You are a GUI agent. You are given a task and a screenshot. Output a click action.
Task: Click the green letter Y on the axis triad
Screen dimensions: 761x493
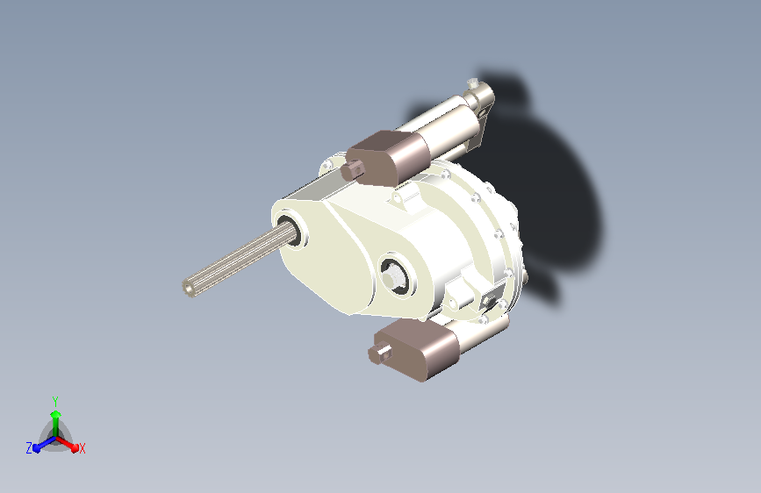point(55,401)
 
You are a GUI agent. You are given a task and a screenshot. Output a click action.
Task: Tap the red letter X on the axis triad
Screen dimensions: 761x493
point(82,449)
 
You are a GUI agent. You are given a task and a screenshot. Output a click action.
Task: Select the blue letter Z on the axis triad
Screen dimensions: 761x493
point(29,448)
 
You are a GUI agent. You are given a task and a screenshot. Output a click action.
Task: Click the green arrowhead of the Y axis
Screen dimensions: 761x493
point(56,414)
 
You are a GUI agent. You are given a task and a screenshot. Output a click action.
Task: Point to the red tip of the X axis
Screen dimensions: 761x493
point(75,448)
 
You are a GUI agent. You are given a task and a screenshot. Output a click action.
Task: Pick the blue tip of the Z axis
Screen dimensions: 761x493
point(37,448)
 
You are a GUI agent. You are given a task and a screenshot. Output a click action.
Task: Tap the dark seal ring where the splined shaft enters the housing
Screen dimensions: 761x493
point(291,232)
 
